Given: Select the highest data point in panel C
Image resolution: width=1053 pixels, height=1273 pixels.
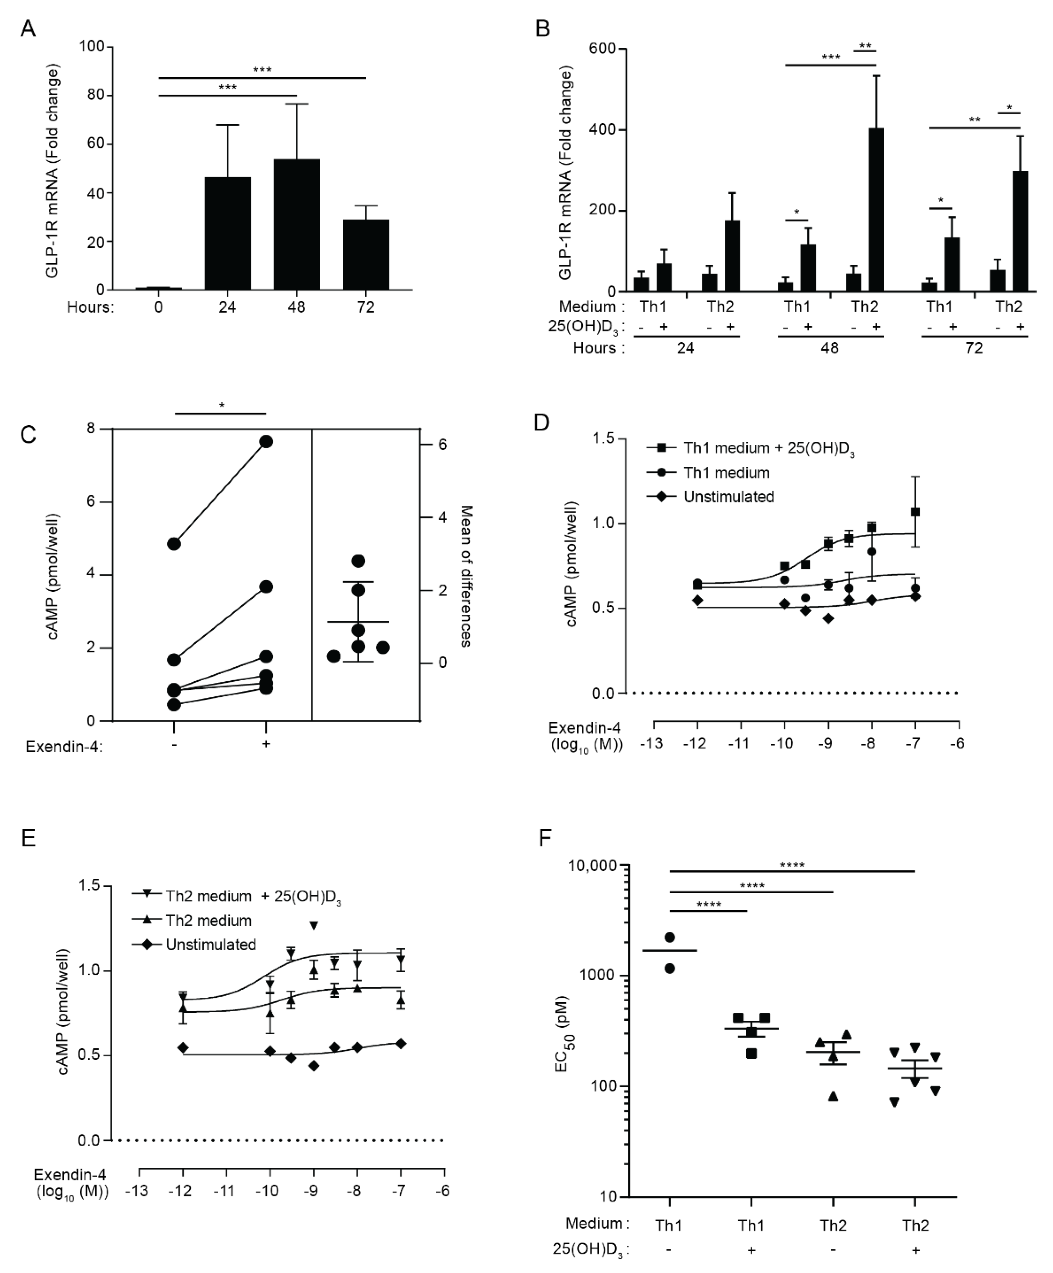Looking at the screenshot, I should (266, 441).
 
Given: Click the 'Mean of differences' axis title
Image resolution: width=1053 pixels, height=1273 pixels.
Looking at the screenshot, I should (465, 576).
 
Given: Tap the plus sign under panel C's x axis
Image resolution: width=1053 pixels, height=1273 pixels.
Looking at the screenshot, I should (266, 744).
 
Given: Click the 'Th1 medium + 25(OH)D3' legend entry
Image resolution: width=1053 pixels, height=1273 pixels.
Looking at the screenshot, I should (768, 449).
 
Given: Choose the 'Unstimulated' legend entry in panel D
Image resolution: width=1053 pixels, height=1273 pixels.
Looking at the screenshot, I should (728, 497).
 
